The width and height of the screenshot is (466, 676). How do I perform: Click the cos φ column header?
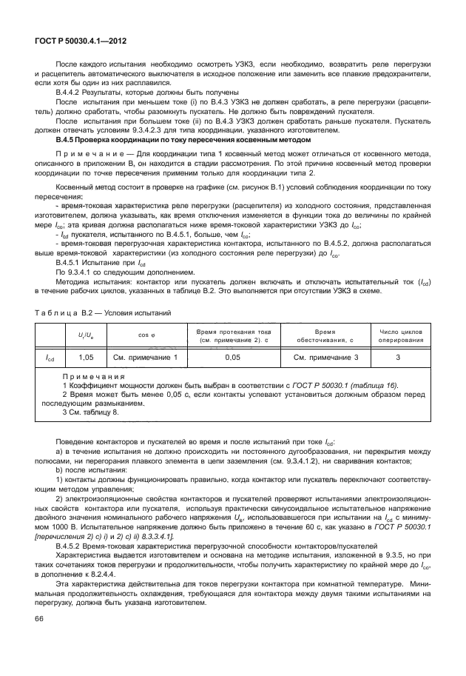pos(146,335)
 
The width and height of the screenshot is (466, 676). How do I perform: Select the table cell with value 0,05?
pos(233,358)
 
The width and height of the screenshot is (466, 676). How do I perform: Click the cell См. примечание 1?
pos(146,358)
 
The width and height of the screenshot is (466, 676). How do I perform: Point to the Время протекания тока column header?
pos(233,335)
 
